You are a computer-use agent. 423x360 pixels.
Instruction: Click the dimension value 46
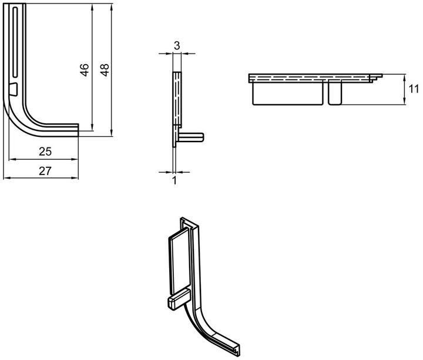pyautogui.click(x=85, y=70)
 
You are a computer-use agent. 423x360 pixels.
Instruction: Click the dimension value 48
pyautogui.click(x=105, y=70)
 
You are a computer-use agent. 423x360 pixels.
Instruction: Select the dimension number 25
pyautogui.click(x=45, y=152)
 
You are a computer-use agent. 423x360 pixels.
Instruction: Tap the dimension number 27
pyautogui.click(x=45, y=171)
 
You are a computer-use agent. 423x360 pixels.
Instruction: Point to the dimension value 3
pyautogui.click(x=177, y=46)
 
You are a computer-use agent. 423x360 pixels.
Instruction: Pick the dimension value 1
pyautogui.click(x=175, y=180)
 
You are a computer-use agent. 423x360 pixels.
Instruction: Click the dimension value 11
pyautogui.click(x=414, y=89)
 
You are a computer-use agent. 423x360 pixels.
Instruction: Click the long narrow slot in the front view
pyautogui.click(x=15, y=42)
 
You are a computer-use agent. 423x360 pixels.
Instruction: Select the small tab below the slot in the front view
pyautogui.click(x=13, y=89)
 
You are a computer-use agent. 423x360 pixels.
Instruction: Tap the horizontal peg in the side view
pyautogui.click(x=191, y=137)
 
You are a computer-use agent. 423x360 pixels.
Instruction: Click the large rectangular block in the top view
pyautogui.click(x=287, y=93)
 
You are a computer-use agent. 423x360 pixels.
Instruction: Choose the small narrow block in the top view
pyautogui.click(x=335, y=92)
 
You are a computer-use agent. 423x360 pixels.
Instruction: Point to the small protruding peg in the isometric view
pyautogui.click(x=179, y=299)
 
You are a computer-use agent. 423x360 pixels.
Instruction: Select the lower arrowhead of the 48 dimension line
pyautogui.click(x=112, y=133)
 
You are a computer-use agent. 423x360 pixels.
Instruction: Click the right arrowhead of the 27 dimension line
pyautogui.click(x=75, y=178)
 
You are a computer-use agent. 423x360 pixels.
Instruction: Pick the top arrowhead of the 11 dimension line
pyautogui.click(x=404, y=78)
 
